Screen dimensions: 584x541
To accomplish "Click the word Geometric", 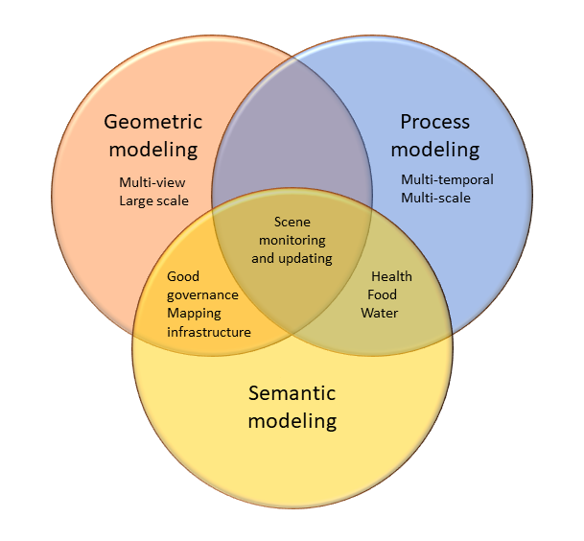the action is pos(153,122).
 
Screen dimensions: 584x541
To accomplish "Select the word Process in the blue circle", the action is pos(435,122).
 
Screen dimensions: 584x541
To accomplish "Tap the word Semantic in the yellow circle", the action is pos(292,393).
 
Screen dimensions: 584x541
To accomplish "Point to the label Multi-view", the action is pos(152,182).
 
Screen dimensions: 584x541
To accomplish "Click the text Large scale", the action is pos(153,200).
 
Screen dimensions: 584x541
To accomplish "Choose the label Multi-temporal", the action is pos(447,179).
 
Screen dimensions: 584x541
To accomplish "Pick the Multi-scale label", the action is pos(435,198).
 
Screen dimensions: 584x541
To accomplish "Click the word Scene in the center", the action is pos(292,223).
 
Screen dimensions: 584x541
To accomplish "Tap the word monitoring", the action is pos(292,241).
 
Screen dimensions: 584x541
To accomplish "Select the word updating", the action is pos(305,259).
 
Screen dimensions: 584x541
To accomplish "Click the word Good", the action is pos(183,276).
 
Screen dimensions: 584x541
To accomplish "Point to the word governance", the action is pos(202,295).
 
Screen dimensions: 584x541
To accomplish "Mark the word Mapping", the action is pos(194,314).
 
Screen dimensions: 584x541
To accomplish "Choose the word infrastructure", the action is pos(209,332).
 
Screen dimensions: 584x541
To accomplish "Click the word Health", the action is pos(392,276).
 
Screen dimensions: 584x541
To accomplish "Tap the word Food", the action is pos(382,294).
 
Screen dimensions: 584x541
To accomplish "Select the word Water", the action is pos(380,313).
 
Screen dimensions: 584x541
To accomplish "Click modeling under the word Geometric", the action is pos(153,150).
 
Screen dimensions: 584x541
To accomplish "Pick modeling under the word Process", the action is pos(435,150).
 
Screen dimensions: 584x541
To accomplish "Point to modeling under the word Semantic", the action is pos(292,421).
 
